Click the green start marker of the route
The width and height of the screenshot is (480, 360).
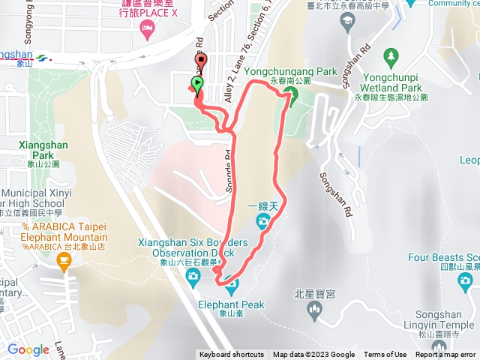point(197,84)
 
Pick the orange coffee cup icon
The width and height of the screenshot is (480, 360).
point(64,260)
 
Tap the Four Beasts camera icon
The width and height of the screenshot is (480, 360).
point(466,282)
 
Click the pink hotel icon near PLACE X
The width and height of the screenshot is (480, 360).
point(146,28)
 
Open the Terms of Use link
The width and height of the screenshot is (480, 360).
point(385,355)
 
